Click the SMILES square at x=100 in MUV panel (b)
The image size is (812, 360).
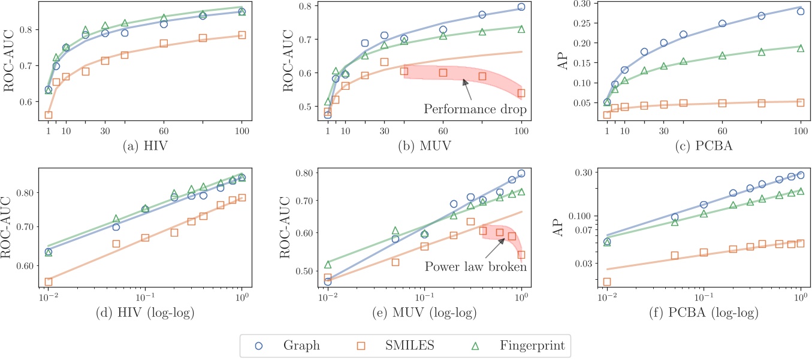(521, 93)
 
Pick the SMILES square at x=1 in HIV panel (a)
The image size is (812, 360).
(49, 115)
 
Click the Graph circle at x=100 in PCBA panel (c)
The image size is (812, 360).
(801, 11)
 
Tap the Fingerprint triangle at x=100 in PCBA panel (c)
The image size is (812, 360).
(801, 48)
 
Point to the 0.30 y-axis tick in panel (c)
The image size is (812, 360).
(585, 4)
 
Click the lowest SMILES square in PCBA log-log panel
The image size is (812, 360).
(607, 282)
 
